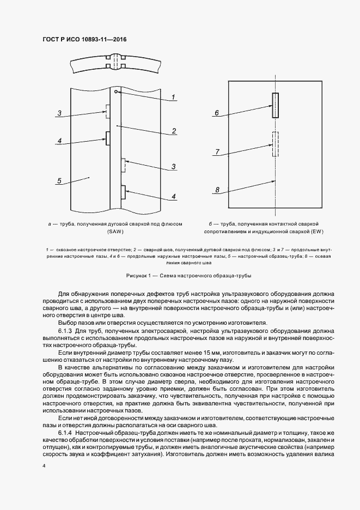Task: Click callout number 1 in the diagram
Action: pos(173,97)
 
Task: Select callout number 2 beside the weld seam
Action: pos(173,131)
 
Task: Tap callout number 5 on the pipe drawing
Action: pos(59,180)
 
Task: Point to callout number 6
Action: pos(217,113)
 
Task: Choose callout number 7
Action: pos(217,153)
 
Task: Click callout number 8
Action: pos(217,190)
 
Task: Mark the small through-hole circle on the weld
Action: pos(116,92)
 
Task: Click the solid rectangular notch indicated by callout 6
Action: pos(276,104)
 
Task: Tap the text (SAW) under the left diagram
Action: pos(115,231)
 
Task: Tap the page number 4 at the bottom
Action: pos(43,466)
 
